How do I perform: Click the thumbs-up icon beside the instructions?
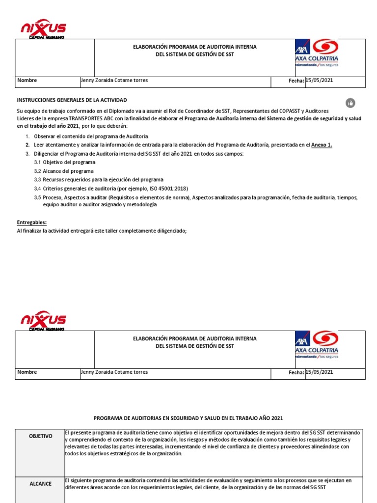coord(350,103)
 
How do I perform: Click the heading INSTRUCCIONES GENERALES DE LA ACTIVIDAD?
coord(72,100)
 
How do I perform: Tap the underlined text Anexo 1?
coord(322,145)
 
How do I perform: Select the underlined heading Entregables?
coord(31,223)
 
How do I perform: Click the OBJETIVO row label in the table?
coord(40,436)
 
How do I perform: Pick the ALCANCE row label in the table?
coord(40,484)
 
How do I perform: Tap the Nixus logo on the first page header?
coord(43,29)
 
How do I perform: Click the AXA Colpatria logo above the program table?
coord(317,345)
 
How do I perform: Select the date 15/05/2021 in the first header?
coord(319,81)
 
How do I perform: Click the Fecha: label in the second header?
coord(296,373)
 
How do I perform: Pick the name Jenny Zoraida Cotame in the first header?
coord(114,81)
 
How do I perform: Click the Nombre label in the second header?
coord(27,372)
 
